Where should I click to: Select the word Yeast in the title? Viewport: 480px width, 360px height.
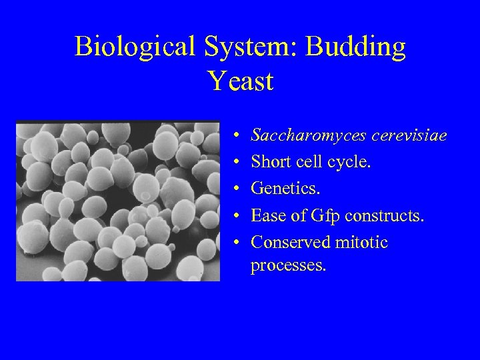[x=240, y=81]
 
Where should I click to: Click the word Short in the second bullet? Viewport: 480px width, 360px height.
[x=270, y=163]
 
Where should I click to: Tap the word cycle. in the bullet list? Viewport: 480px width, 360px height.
[x=347, y=163]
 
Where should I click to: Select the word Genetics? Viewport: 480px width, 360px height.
[x=285, y=189]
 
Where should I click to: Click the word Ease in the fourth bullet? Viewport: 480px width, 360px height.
[x=267, y=215]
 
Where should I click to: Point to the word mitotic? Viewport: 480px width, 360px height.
[x=362, y=242]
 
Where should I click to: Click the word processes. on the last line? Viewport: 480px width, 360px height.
[x=289, y=265]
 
